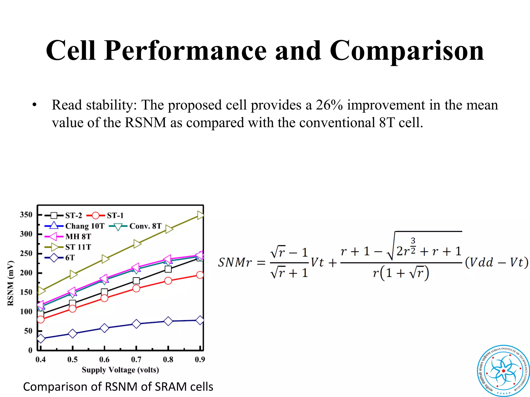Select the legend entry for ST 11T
(78, 247)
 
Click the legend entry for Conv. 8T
(145, 226)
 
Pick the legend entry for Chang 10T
(85, 226)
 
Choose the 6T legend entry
(70, 258)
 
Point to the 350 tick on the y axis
(26, 215)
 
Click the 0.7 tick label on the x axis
(136, 360)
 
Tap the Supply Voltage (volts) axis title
(120, 370)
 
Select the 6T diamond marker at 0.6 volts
(104, 328)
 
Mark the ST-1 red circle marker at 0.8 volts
(168, 281)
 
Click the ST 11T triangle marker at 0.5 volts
(73, 274)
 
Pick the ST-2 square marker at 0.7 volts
(136, 281)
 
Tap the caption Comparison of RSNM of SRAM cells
(118, 387)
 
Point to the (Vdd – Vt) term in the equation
(496, 263)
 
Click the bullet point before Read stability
(34, 105)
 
